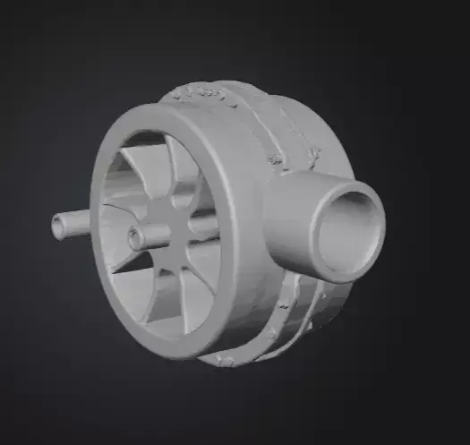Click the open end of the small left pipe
point(59,227)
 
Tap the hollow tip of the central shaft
point(135,237)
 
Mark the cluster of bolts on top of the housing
point(206,93)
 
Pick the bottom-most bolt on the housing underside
point(224,360)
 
